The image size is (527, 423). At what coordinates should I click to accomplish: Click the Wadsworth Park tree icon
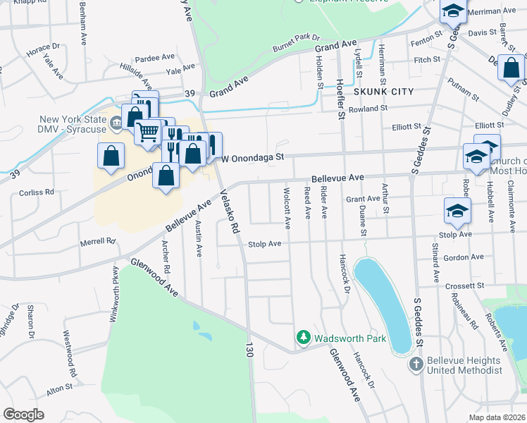point(304,338)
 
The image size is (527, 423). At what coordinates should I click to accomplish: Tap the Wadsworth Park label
point(350,338)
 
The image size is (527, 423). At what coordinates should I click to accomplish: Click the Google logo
point(23,414)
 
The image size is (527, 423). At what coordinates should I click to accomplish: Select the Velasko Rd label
point(230,211)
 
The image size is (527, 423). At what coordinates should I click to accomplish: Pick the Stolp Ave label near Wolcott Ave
point(265,244)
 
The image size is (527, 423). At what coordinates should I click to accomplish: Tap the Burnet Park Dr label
point(297,44)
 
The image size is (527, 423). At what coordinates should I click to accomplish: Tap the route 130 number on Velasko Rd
point(249,350)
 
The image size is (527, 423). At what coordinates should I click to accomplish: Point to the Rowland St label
point(368,108)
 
